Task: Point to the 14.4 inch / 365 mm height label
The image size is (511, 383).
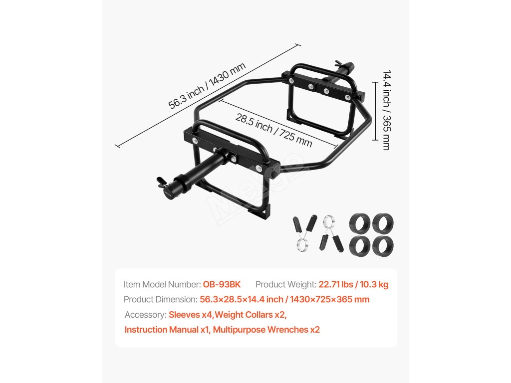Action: pyautogui.click(x=387, y=110)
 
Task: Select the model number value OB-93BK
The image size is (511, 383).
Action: pyautogui.click(x=222, y=284)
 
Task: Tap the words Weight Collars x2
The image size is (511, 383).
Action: pyautogui.click(x=252, y=315)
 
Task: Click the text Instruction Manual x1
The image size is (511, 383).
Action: pyautogui.click(x=166, y=330)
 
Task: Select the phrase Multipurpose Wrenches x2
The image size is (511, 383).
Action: pyautogui.click(x=266, y=330)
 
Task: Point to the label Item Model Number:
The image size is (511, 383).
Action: pyautogui.click(x=162, y=284)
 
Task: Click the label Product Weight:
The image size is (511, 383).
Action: pyautogui.click(x=285, y=284)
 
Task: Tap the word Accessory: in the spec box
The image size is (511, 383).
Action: pyautogui.click(x=145, y=315)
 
